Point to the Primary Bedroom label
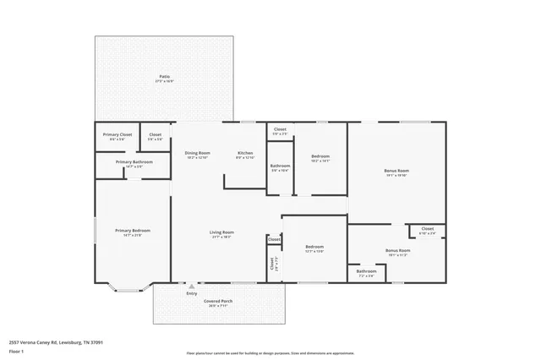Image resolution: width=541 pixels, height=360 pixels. (x=133, y=231)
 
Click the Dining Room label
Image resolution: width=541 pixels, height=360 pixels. (x=197, y=153)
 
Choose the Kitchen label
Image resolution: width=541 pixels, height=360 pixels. (x=245, y=153)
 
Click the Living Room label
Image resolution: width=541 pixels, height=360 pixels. (x=221, y=232)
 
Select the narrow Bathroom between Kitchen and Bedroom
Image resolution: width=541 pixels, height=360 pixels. (x=280, y=166)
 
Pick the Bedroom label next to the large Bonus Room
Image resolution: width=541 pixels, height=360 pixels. (x=320, y=156)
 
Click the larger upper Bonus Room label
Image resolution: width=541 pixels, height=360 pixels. (x=396, y=171)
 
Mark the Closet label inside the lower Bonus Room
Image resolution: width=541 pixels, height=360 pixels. (x=427, y=228)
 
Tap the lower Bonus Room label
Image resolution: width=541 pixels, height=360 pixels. (x=396, y=250)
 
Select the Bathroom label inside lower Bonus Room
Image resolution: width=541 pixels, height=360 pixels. (x=366, y=271)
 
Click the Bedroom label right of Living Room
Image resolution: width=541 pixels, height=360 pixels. (x=314, y=247)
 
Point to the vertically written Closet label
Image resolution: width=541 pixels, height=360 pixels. (x=272, y=264)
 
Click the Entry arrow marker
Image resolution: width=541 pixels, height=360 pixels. (x=190, y=286)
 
